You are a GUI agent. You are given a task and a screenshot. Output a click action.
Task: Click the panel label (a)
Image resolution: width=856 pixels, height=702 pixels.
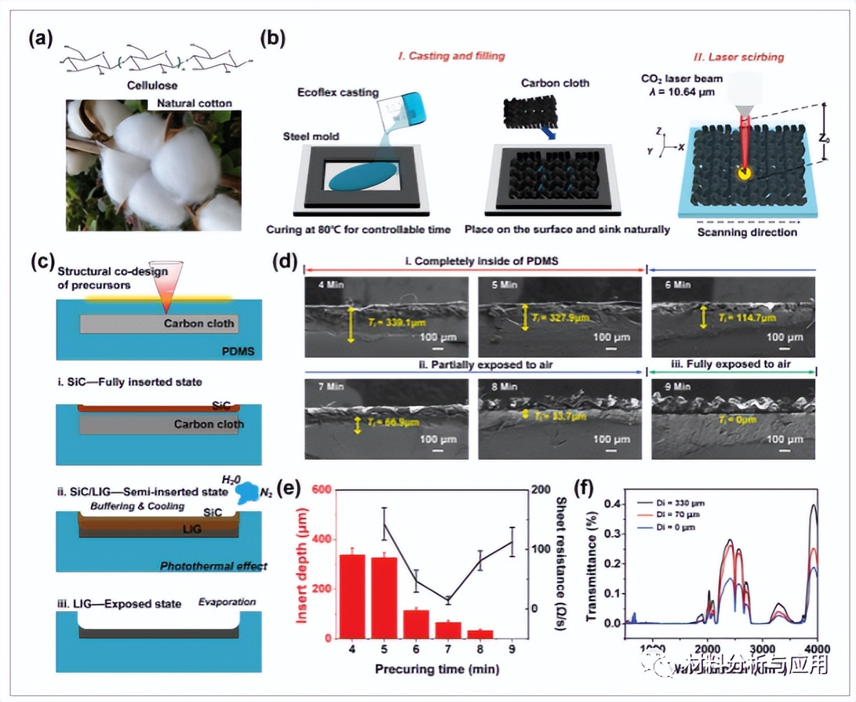tap(41, 38)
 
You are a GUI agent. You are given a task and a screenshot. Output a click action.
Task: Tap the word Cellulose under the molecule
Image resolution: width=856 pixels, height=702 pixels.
tap(152, 85)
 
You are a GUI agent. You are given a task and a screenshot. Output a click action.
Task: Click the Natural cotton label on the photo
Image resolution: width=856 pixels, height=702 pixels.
tap(194, 103)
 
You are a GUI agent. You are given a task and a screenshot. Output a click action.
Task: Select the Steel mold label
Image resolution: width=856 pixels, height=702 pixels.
tap(310, 136)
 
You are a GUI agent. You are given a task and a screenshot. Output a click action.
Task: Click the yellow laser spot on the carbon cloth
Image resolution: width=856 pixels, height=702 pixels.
tap(744, 173)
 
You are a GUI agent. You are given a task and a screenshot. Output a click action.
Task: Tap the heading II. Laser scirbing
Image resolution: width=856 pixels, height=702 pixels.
tap(738, 57)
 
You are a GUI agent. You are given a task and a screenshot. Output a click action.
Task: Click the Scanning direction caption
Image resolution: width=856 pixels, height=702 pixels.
tap(747, 232)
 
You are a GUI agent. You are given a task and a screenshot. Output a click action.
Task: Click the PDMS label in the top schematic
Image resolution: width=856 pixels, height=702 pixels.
tap(238, 352)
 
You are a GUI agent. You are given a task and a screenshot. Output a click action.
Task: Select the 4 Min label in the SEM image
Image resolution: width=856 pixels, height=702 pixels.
tap(331, 285)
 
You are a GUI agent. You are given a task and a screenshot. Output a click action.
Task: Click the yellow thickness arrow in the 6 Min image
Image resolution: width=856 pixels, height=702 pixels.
tap(703, 317)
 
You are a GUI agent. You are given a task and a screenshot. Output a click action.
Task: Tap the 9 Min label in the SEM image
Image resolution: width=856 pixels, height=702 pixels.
tap(678, 387)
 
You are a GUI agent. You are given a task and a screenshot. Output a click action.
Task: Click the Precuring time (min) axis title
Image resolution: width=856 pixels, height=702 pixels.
tap(437, 669)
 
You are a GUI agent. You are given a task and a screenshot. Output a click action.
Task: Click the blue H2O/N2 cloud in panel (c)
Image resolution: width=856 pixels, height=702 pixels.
tap(246, 492)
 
